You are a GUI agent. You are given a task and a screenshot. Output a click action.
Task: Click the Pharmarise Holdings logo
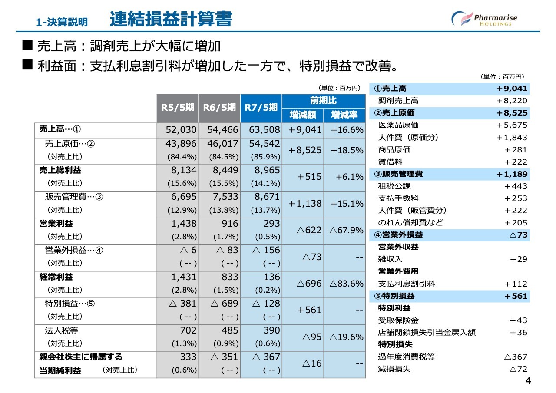tap(484, 19)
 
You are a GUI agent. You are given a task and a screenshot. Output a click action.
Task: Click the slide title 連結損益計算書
tap(171, 19)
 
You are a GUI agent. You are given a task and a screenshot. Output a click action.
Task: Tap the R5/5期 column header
tap(178, 108)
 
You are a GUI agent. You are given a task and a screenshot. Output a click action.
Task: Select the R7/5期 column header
tap(261, 108)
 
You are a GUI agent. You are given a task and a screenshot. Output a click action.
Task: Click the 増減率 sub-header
tap(344, 115)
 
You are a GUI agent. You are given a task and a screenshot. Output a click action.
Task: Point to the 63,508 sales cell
tap(265, 130)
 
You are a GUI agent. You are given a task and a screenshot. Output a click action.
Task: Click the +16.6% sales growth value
tap(347, 130)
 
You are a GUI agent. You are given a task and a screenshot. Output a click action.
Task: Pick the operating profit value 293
tap(271, 224)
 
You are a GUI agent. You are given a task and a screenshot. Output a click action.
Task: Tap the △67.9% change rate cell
tap(347, 230)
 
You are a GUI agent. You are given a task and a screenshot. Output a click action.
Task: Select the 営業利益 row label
tap(56, 224)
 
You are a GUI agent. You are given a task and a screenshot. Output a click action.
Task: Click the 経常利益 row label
tap(56, 277)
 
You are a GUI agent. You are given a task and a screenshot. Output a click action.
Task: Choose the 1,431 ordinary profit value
tap(184, 277)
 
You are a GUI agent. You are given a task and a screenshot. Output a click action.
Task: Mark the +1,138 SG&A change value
tap(305, 204)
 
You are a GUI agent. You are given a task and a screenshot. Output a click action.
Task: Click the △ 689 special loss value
tap(225, 304)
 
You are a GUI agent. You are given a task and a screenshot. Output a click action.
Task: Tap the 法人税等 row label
tap(62, 330)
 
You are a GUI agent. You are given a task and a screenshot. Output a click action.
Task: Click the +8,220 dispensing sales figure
tap(512, 100)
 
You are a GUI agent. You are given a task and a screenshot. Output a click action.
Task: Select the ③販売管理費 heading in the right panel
tap(398, 174)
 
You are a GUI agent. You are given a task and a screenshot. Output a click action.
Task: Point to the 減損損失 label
tap(394, 369)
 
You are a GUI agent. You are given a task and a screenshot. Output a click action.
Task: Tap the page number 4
tap(528, 381)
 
